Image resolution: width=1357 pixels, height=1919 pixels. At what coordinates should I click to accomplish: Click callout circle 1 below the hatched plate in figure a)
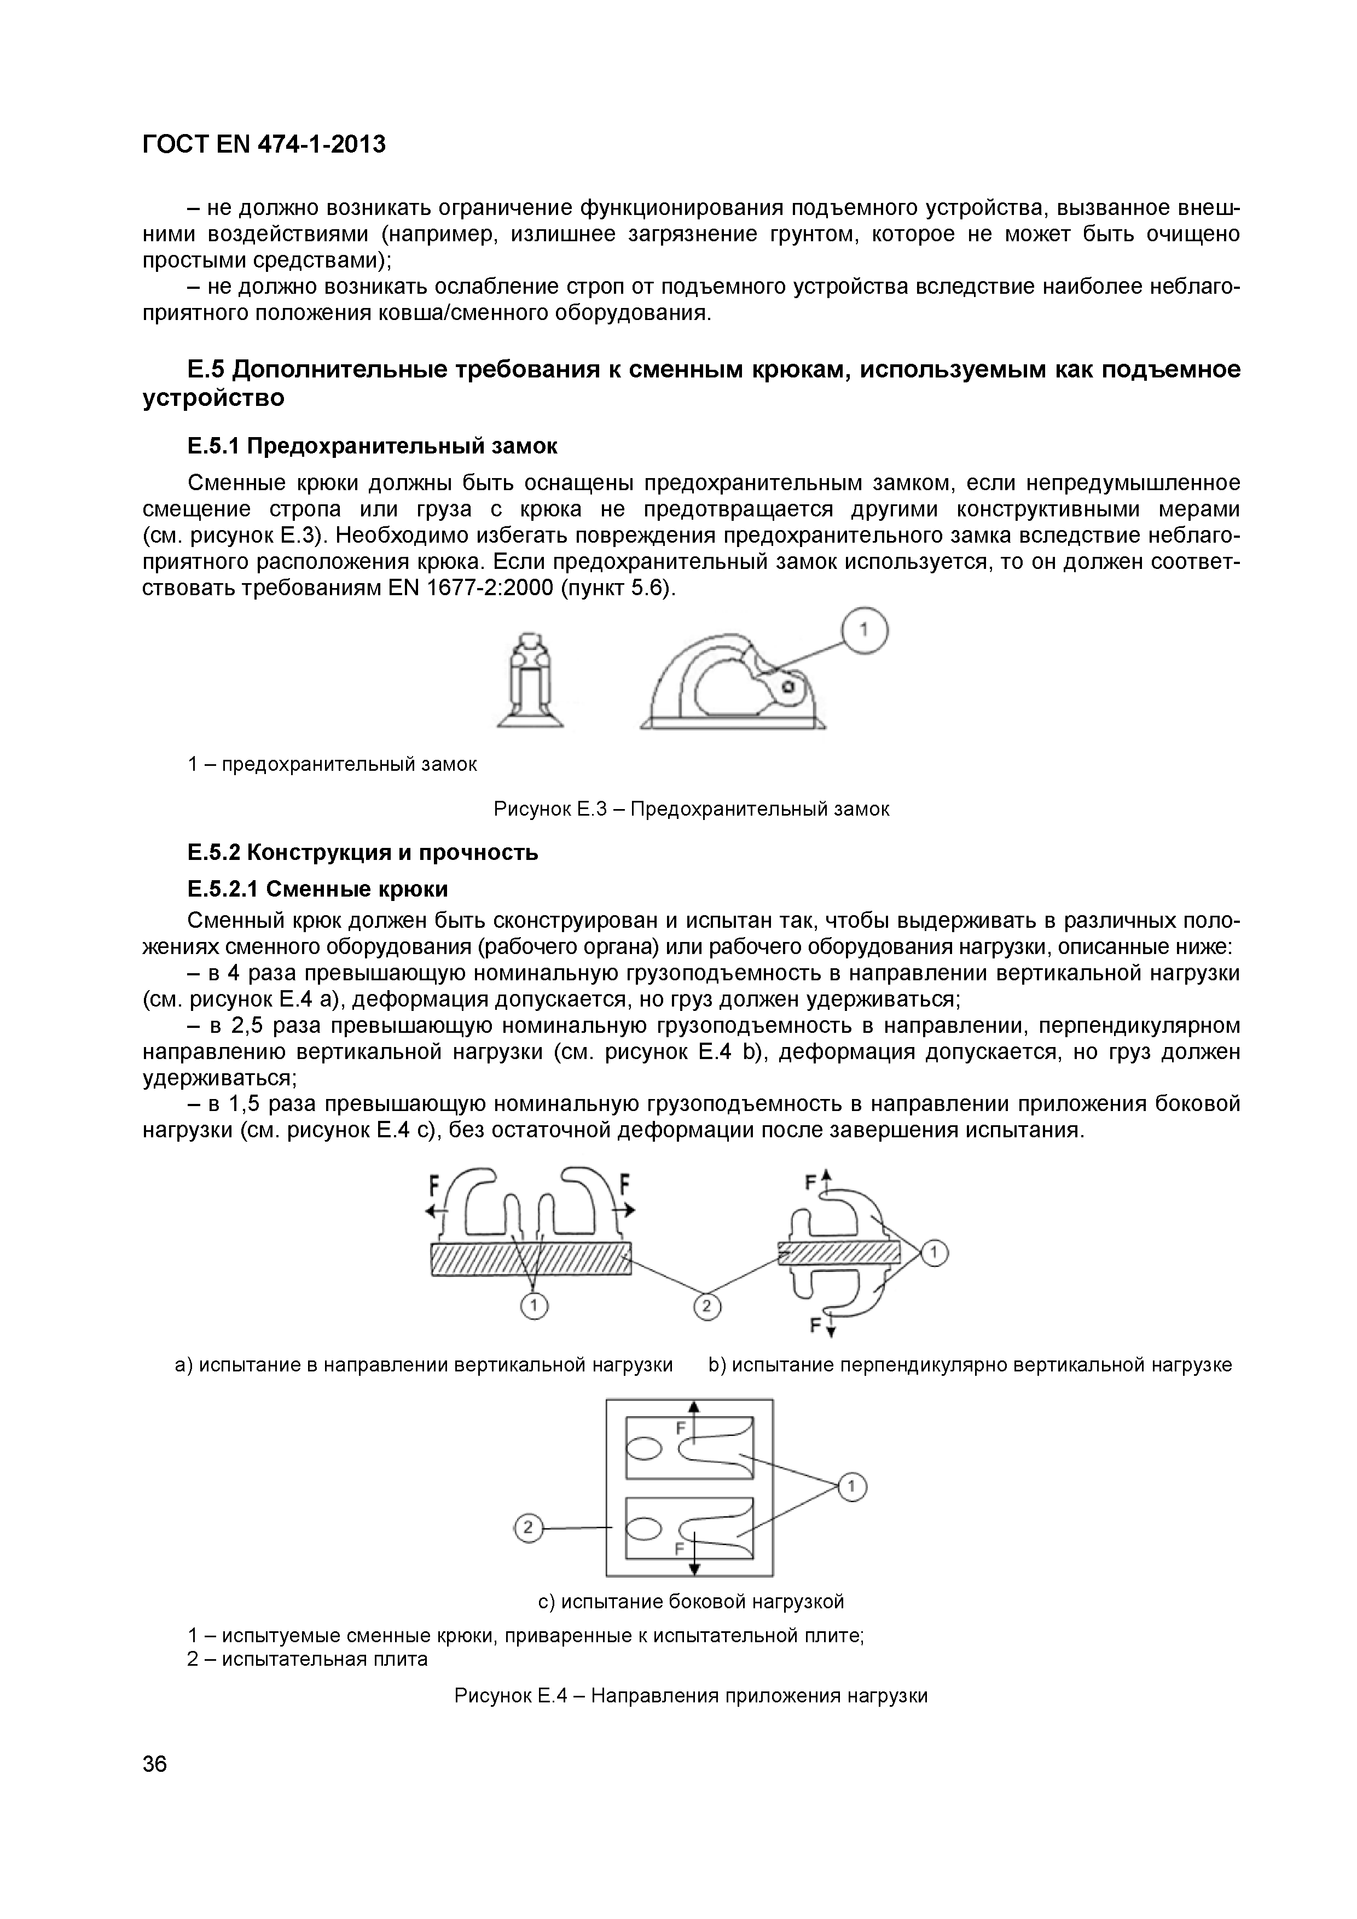[x=533, y=1306]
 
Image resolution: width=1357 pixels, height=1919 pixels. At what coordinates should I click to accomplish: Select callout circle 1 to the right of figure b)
[x=935, y=1253]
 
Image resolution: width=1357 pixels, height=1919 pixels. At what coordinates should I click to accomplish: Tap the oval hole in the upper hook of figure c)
[x=645, y=1447]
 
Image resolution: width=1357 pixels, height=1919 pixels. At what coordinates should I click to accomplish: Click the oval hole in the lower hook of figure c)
[x=645, y=1528]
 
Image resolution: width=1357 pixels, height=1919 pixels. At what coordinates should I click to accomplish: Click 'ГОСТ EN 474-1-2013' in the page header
[x=264, y=144]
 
